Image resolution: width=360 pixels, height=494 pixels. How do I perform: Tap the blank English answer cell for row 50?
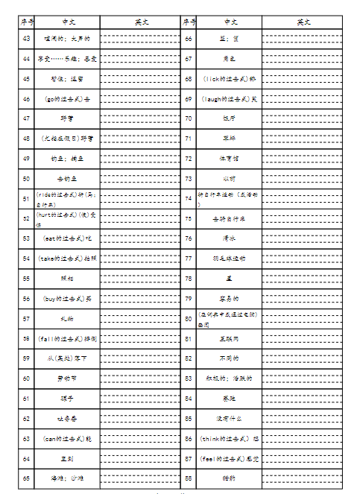tap(139, 179)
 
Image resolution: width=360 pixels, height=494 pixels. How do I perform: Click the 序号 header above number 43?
tap(27, 22)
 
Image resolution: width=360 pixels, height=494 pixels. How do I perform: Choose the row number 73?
tap(189, 179)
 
